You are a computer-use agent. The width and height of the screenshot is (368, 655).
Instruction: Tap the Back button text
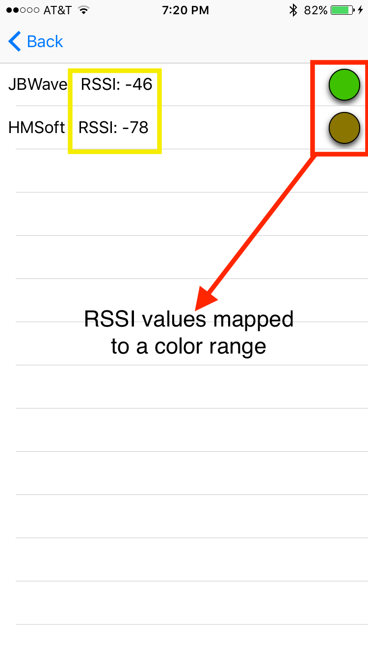45,42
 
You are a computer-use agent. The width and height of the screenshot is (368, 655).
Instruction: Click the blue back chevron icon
14,42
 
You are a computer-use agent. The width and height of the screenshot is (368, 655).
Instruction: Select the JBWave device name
37,84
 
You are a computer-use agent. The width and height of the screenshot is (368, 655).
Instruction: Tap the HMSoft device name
36,128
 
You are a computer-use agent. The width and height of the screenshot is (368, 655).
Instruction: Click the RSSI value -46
117,84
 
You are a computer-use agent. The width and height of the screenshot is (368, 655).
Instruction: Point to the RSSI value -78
113,128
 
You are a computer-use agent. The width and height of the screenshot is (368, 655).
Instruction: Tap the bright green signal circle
344,84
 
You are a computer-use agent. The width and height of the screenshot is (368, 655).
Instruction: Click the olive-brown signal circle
344,128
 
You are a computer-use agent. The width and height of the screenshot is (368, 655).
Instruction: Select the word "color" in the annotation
179,347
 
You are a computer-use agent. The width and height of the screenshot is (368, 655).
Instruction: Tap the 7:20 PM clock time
185,10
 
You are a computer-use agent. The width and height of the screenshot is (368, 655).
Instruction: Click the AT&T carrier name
57,10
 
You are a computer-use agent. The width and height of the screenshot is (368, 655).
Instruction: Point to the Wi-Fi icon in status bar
84,10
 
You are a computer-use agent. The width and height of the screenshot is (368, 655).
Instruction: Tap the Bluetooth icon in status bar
293,10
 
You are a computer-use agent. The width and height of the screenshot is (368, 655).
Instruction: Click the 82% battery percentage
315,10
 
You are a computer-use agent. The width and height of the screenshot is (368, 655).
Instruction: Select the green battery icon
343,10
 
